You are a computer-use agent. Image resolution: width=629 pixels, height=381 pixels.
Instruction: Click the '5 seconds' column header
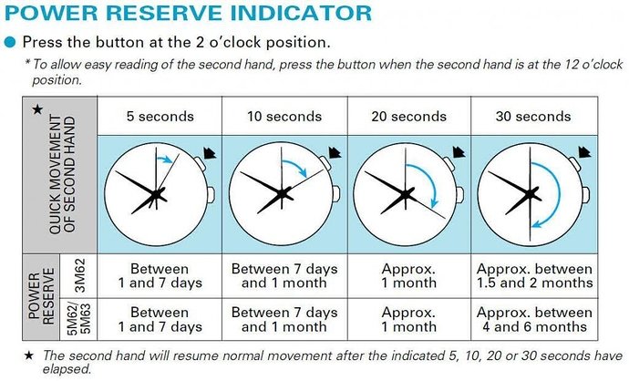[160, 117]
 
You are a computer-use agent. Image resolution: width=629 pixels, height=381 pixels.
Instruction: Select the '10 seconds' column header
[284, 117]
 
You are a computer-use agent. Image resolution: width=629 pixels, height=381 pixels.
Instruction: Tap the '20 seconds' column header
[408, 117]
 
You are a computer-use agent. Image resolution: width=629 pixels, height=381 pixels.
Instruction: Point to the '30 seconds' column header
[533, 117]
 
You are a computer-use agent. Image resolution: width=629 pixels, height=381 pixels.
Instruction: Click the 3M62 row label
[80, 275]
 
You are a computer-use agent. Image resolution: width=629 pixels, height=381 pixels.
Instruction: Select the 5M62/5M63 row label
[80, 319]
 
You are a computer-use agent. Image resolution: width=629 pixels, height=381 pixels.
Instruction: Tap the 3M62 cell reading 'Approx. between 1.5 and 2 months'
[534, 275]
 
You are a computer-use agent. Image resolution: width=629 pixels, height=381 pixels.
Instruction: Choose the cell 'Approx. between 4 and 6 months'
[534, 319]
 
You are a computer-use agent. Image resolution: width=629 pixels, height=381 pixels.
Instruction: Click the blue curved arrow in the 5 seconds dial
[165, 159]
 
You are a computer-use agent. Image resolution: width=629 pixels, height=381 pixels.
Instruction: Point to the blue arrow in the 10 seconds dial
[298, 165]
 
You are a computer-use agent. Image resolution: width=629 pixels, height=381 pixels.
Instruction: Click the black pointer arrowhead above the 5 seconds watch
[210, 153]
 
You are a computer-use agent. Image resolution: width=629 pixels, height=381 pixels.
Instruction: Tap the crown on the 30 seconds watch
[585, 194]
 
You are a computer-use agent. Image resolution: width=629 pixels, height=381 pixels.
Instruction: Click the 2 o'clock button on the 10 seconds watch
[325, 163]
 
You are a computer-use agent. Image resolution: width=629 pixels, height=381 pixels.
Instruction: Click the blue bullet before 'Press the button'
[10, 43]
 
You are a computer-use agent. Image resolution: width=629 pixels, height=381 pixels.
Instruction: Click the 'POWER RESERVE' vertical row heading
[41, 297]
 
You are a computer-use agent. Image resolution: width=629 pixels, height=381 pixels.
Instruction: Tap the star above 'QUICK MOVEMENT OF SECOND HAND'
[37, 108]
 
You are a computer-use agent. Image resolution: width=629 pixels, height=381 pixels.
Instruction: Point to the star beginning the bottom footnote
[29, 355]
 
